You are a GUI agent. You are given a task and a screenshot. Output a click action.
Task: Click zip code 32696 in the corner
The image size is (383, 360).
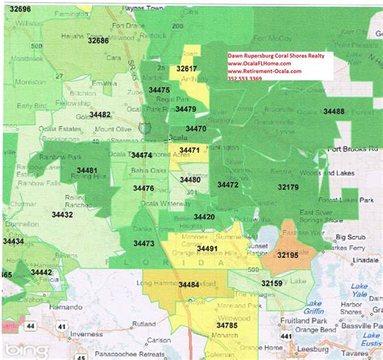[x=15, y=8]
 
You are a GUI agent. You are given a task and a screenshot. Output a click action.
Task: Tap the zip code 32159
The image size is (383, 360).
[x=271, y=282]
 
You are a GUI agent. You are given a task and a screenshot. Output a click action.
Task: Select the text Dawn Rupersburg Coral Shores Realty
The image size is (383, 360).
[x=274, y=50]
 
